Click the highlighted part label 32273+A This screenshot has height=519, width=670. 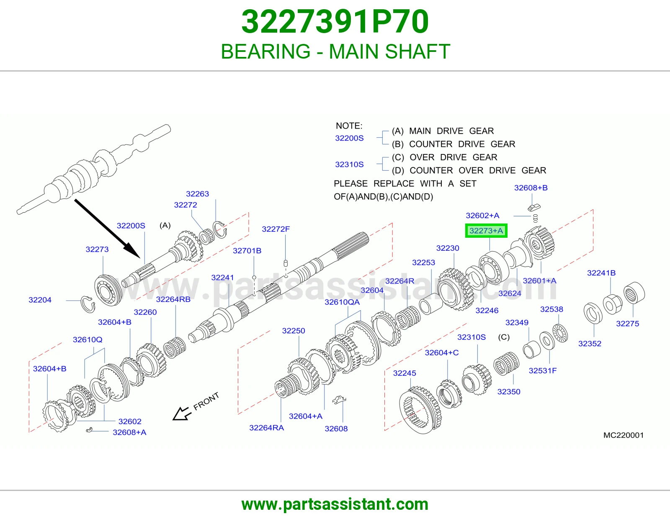tap(486, 231)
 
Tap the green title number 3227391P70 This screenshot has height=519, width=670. tap(335, 22)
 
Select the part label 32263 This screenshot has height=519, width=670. tap(197, 194)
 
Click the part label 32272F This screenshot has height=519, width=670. tap(276, 229)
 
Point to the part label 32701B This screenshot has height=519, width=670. tap(247, 251)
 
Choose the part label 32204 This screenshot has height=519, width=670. tap(40, 300)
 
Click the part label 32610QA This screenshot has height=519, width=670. tap(342, 302)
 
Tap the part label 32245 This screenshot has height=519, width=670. tap(405, 373)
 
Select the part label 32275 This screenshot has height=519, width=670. tap(627, 324)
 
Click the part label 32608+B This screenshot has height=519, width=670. tap(531, 188)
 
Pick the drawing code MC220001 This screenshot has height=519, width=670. tap(624, 435)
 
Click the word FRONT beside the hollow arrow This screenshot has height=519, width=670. tap(206, 401)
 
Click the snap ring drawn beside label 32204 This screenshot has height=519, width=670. tap(88, 304)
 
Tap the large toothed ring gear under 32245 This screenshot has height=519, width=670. tap(420, 410)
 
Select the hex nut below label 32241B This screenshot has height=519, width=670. tap(612, 305)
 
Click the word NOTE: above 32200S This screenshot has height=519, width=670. tap(349, 126)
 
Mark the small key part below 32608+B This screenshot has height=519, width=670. tap(534, 208)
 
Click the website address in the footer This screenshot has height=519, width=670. tap(335, 504)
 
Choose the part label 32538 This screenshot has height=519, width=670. tap(551, 309)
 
